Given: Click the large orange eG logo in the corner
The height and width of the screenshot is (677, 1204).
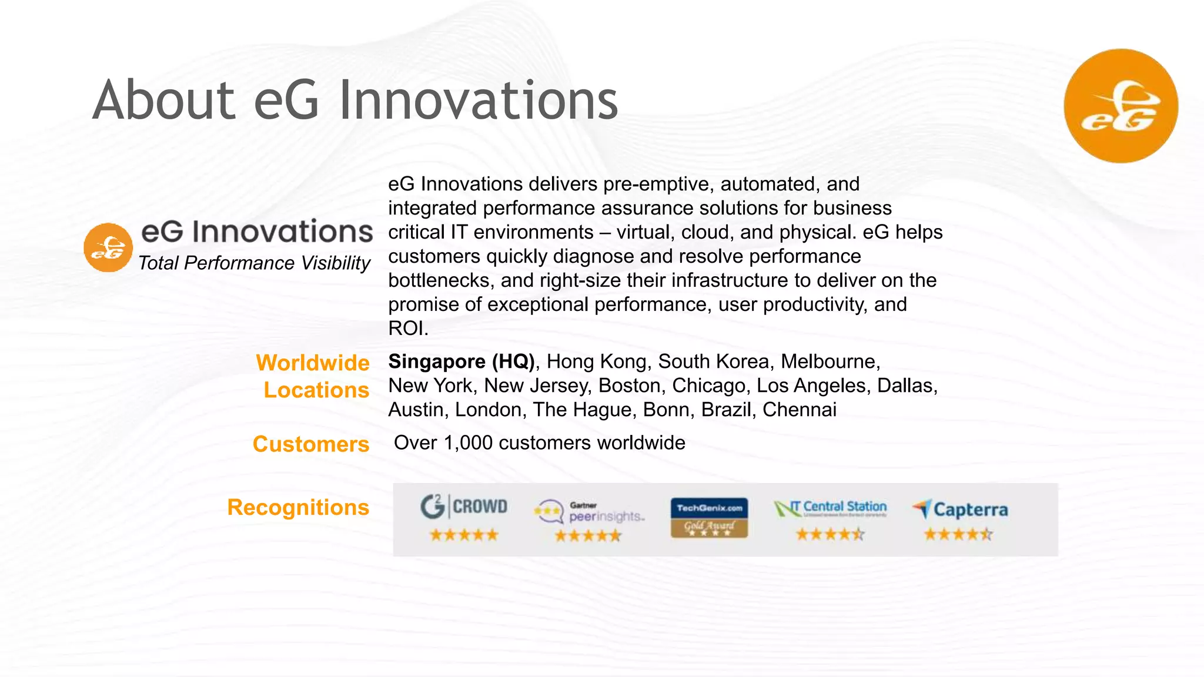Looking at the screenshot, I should pos(1121,106).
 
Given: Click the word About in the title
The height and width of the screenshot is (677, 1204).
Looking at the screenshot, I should pos(164,100).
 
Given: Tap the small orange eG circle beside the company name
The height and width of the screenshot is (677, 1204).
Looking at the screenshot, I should pos(108,247).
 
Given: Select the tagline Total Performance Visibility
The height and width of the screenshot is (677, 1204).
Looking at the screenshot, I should pos(254,263).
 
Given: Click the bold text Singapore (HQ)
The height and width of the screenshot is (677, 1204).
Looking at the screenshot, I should pos(461,361).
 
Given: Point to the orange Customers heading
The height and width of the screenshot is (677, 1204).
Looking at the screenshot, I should pos(311,444).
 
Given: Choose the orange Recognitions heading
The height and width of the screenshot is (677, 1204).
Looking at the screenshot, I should pos(298,507).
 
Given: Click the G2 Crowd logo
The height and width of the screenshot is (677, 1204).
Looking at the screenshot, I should pos(464,507).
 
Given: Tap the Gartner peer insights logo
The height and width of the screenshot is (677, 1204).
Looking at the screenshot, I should pos(590,511).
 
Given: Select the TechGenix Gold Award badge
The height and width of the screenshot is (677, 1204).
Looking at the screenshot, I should pos(709,517).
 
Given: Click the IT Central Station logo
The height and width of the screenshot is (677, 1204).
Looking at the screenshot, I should pos(830,508).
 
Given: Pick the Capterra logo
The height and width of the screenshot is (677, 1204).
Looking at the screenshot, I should pos(960,509).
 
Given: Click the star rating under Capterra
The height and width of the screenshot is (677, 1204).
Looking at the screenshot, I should pos(958,535).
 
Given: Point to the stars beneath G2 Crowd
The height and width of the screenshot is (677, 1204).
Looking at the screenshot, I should pos(464,535).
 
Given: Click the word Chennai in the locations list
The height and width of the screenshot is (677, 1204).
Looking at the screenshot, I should pos(800,410).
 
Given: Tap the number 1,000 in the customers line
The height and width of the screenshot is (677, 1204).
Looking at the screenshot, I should pos(468,443).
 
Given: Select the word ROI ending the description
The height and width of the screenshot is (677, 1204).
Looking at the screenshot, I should pos(406,329).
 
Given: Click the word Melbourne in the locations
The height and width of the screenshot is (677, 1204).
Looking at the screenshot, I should pos(830,361).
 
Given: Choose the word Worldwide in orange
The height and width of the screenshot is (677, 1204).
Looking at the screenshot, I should pos(313,363).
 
